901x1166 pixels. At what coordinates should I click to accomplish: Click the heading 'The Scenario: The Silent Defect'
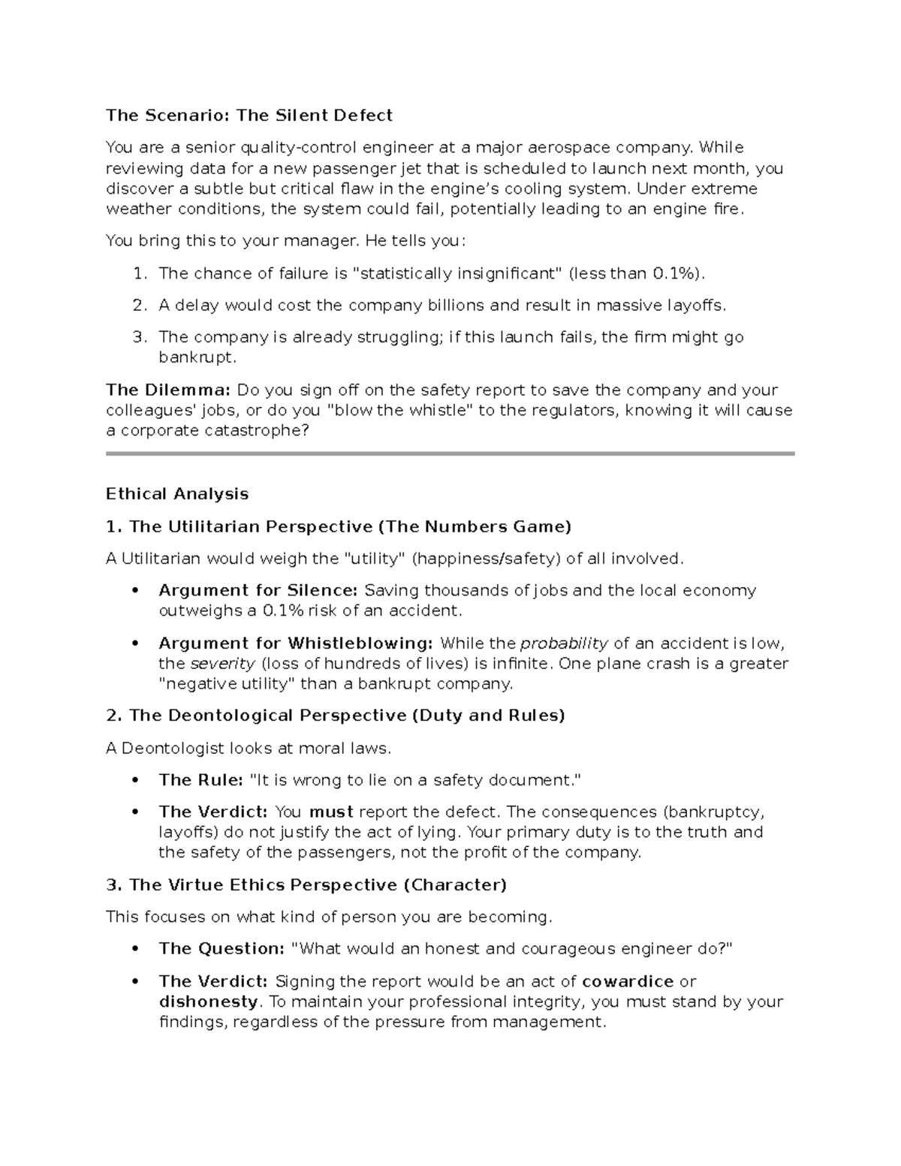249,115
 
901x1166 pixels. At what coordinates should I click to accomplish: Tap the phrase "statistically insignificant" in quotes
457,273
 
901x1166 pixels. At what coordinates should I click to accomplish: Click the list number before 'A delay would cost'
138,305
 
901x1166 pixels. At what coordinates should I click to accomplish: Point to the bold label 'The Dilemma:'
168,390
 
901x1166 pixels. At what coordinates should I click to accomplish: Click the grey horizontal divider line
450,453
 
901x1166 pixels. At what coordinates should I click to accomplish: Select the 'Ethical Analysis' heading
177,494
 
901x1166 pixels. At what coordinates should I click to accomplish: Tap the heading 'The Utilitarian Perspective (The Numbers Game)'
339,526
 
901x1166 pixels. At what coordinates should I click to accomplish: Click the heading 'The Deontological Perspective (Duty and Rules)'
335,715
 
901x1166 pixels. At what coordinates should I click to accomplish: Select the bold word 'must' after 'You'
330,812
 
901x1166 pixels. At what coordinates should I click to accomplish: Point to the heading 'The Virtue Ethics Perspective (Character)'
306,884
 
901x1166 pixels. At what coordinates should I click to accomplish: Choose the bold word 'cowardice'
628,981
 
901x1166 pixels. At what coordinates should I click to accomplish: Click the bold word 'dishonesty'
208,1002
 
